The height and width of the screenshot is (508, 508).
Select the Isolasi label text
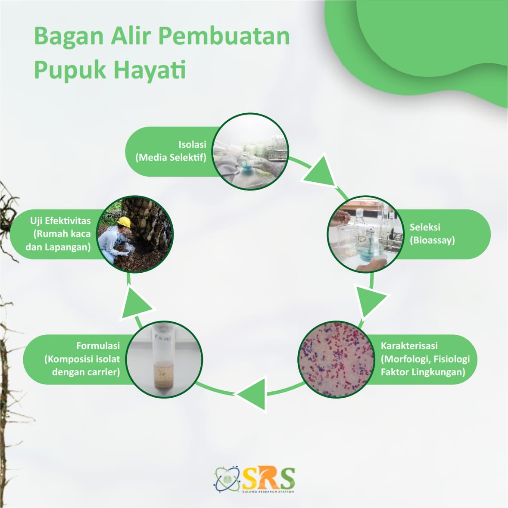[192, 144]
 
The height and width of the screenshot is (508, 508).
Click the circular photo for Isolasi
[250, 151]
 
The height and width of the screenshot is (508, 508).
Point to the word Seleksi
[425, 227]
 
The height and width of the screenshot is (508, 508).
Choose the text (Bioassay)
[432, 240]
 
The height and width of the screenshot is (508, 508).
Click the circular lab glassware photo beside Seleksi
[365, 234]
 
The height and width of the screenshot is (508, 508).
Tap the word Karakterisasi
[409, 346]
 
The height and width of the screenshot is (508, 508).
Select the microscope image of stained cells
[336, 359]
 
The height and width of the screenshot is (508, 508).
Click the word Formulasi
[98, 346]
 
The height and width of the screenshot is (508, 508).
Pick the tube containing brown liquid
[164, 360]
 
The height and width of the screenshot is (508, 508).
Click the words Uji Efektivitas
[60, 221]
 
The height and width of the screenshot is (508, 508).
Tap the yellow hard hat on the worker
[124, 221]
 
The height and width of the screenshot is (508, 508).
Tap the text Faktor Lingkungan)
[423, 372]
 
